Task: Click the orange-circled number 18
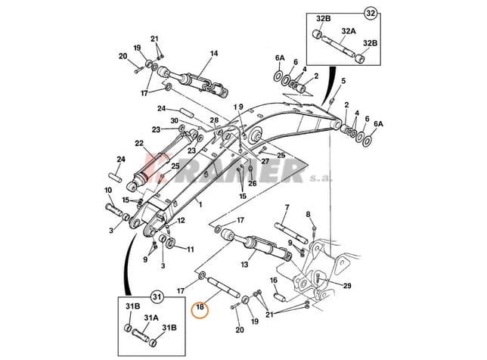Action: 200,309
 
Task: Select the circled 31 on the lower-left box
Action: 157,295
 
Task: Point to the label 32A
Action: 348,32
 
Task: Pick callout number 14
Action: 214,54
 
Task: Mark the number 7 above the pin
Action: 287,207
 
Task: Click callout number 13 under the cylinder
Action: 244,265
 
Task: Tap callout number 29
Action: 347,285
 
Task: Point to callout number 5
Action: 343,81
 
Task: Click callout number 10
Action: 108,190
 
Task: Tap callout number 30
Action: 174,121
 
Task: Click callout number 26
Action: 253,182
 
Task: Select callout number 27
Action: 265,161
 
